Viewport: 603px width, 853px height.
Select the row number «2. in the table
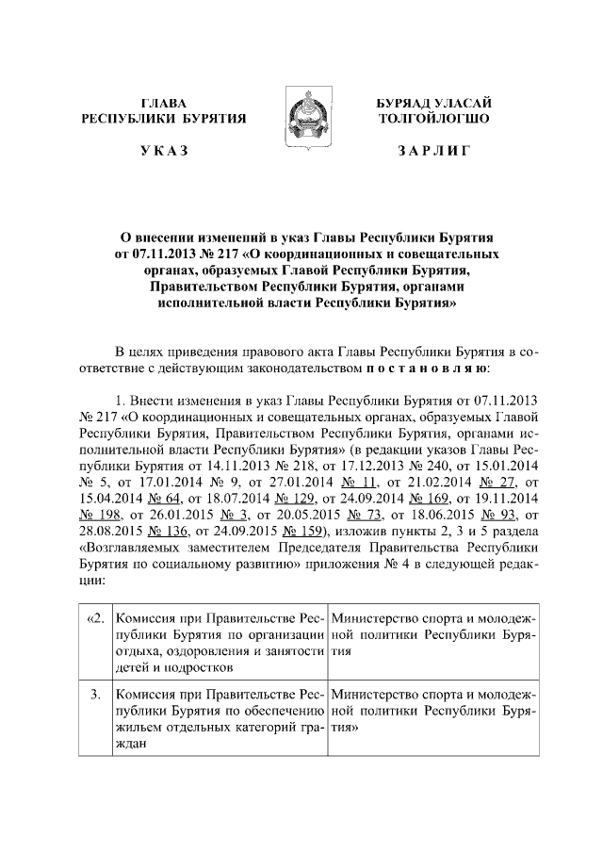point(94,617)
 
